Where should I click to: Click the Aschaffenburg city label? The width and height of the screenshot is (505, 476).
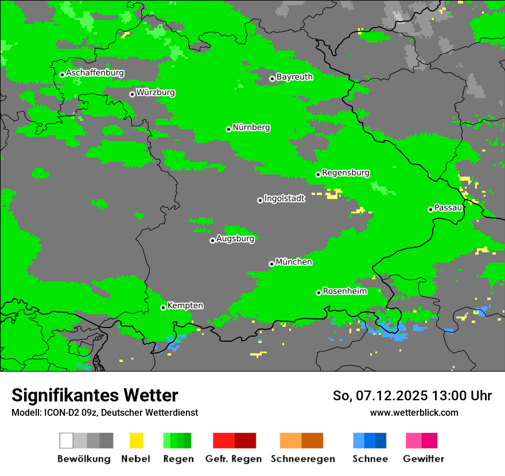pos(95,73)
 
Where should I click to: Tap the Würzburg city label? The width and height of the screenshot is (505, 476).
pos(156,92)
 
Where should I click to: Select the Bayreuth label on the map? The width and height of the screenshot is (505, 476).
pos(294,77)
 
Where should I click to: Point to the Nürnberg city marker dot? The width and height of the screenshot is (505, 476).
pos(228,129)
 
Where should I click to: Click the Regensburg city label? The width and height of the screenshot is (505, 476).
pos(345,173)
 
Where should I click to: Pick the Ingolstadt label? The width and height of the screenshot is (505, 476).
pos(285,198)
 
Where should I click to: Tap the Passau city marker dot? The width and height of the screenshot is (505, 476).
pos(430,209)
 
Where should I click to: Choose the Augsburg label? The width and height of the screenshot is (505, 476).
pos(235,239)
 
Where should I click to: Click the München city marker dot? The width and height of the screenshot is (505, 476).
pos(271,264)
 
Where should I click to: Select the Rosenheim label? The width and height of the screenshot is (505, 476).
pos(344,291)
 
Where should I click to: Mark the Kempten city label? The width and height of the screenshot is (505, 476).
pos(185,306)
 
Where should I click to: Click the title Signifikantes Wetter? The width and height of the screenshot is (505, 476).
pos(95,395)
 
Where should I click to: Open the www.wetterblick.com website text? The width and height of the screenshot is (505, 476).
pos(414,412)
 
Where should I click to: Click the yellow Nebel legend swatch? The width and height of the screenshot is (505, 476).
pos(136,440)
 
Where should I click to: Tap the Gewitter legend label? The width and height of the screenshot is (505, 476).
pos(423,459)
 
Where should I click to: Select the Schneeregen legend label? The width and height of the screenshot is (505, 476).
pos(302,459)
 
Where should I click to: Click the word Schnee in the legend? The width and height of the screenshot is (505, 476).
pos(370,459)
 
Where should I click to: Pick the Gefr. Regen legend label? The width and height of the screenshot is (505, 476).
pos(233,459)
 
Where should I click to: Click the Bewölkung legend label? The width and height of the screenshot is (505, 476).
pos(84,459)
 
